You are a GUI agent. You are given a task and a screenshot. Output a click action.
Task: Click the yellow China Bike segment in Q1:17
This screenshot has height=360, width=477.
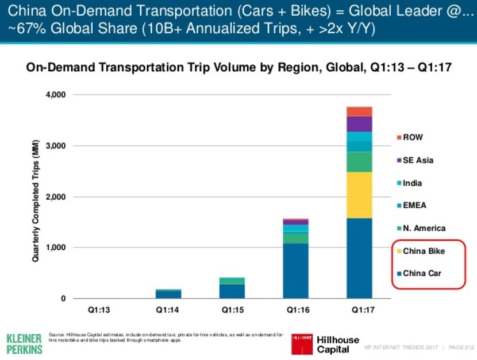pos(359,195)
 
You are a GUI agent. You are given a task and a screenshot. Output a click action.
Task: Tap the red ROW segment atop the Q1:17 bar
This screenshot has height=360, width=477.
pos(359,111)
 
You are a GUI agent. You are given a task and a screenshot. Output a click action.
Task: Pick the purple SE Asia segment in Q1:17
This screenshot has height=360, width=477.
pos(359,124)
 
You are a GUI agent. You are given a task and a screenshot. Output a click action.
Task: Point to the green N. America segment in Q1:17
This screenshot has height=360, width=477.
pos(359,162)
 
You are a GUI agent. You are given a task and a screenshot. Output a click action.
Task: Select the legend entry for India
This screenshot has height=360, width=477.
pos(413,183)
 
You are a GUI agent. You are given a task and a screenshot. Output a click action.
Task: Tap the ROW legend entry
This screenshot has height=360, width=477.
pos(413,138)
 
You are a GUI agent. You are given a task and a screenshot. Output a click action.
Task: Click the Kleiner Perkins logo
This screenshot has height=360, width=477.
pos(24,342)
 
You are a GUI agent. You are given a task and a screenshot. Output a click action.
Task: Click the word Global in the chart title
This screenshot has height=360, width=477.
pos(330,68)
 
